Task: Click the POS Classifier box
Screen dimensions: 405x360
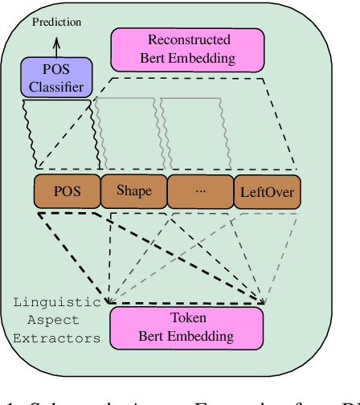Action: (x=56, y=77)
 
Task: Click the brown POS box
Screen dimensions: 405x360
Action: (x=67, y=191)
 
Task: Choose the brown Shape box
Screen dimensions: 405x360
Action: (x=133, y=191)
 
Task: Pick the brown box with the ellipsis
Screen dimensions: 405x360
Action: (x=199, y=191)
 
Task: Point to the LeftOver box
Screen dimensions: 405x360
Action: (x=266, y=191)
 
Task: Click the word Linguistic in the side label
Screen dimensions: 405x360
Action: (x=57, y=303)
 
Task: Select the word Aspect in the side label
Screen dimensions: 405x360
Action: (x=57, y=321)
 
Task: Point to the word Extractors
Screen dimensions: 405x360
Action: (x=57, y=338)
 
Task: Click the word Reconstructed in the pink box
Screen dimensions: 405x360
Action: (x=189, y=39)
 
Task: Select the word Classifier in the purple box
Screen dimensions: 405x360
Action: (x=56, y=85)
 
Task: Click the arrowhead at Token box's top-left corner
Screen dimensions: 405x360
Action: (x=109, y=301)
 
